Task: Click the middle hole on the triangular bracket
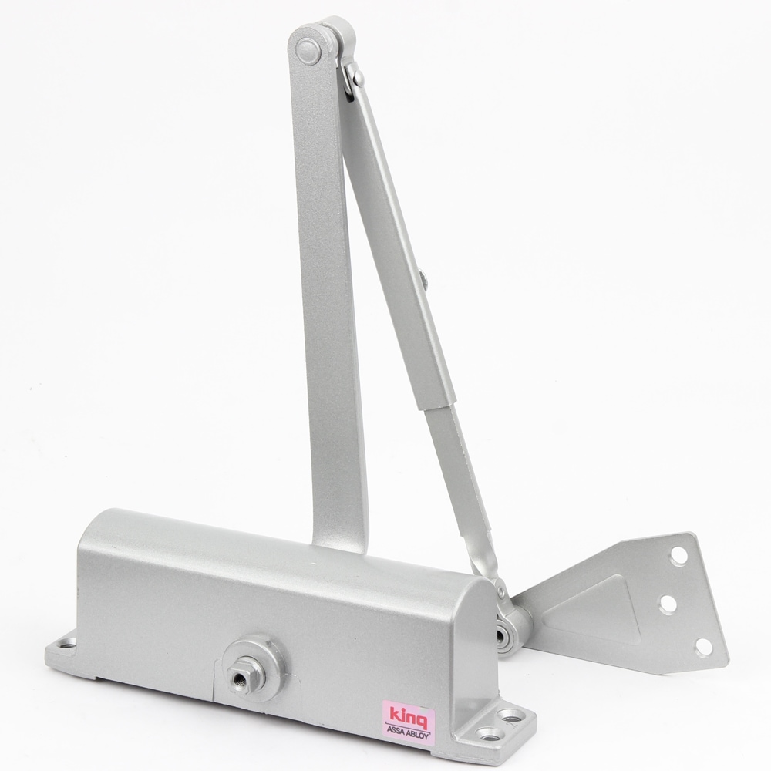pyautogui.click(x=668, y=604)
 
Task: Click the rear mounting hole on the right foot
pyautogui.click(x=504, y=715)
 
